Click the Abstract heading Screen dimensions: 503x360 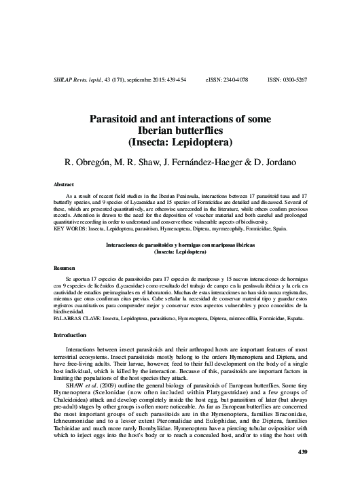(64, 184)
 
